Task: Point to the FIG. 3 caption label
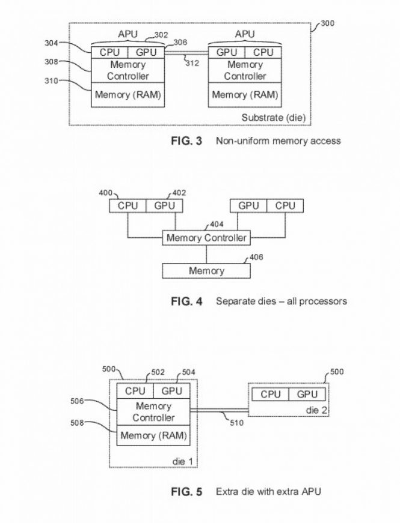click(x=186, y=142)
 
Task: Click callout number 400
click(x=106, y=193)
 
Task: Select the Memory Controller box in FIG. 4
click(x=206, y=238)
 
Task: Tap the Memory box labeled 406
click(x=206, y=271)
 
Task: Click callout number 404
click(x=217, y=225)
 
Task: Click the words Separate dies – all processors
click(x=281, y=301)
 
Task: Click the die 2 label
click(x=313, y=409)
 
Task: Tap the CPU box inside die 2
click(x=271, y=395)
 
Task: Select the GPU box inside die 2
click(x=307, y=395)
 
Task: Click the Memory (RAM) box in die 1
click(x=153, y=435)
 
